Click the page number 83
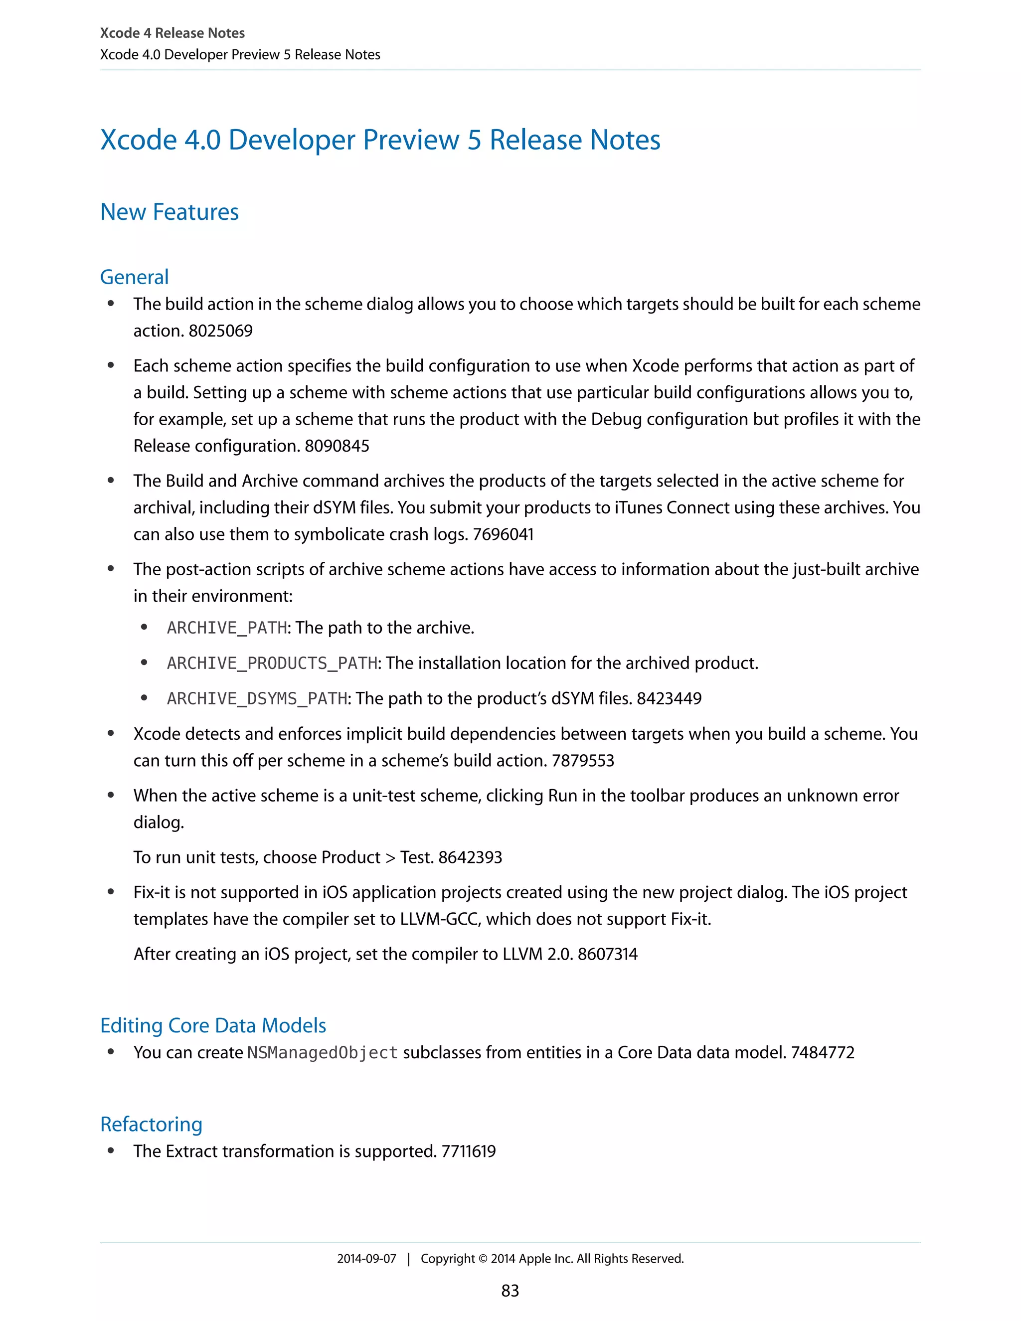[510, 1291]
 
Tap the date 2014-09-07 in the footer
[366, 1259]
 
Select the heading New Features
[170, 212]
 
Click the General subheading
[134, 277]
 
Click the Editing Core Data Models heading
[213, 1025]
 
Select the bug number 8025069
[221, 331]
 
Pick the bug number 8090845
[337, 446]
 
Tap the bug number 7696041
[503, 534]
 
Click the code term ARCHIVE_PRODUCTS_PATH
[272, 663]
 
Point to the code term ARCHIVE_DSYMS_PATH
[257, 698]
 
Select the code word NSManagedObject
[323, 1053]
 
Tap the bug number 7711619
[468, 1151]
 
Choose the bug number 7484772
[822, 1052]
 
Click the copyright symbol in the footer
[483, 1259]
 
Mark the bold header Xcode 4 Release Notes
[172, 33]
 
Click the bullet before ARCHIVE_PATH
[144, 627]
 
